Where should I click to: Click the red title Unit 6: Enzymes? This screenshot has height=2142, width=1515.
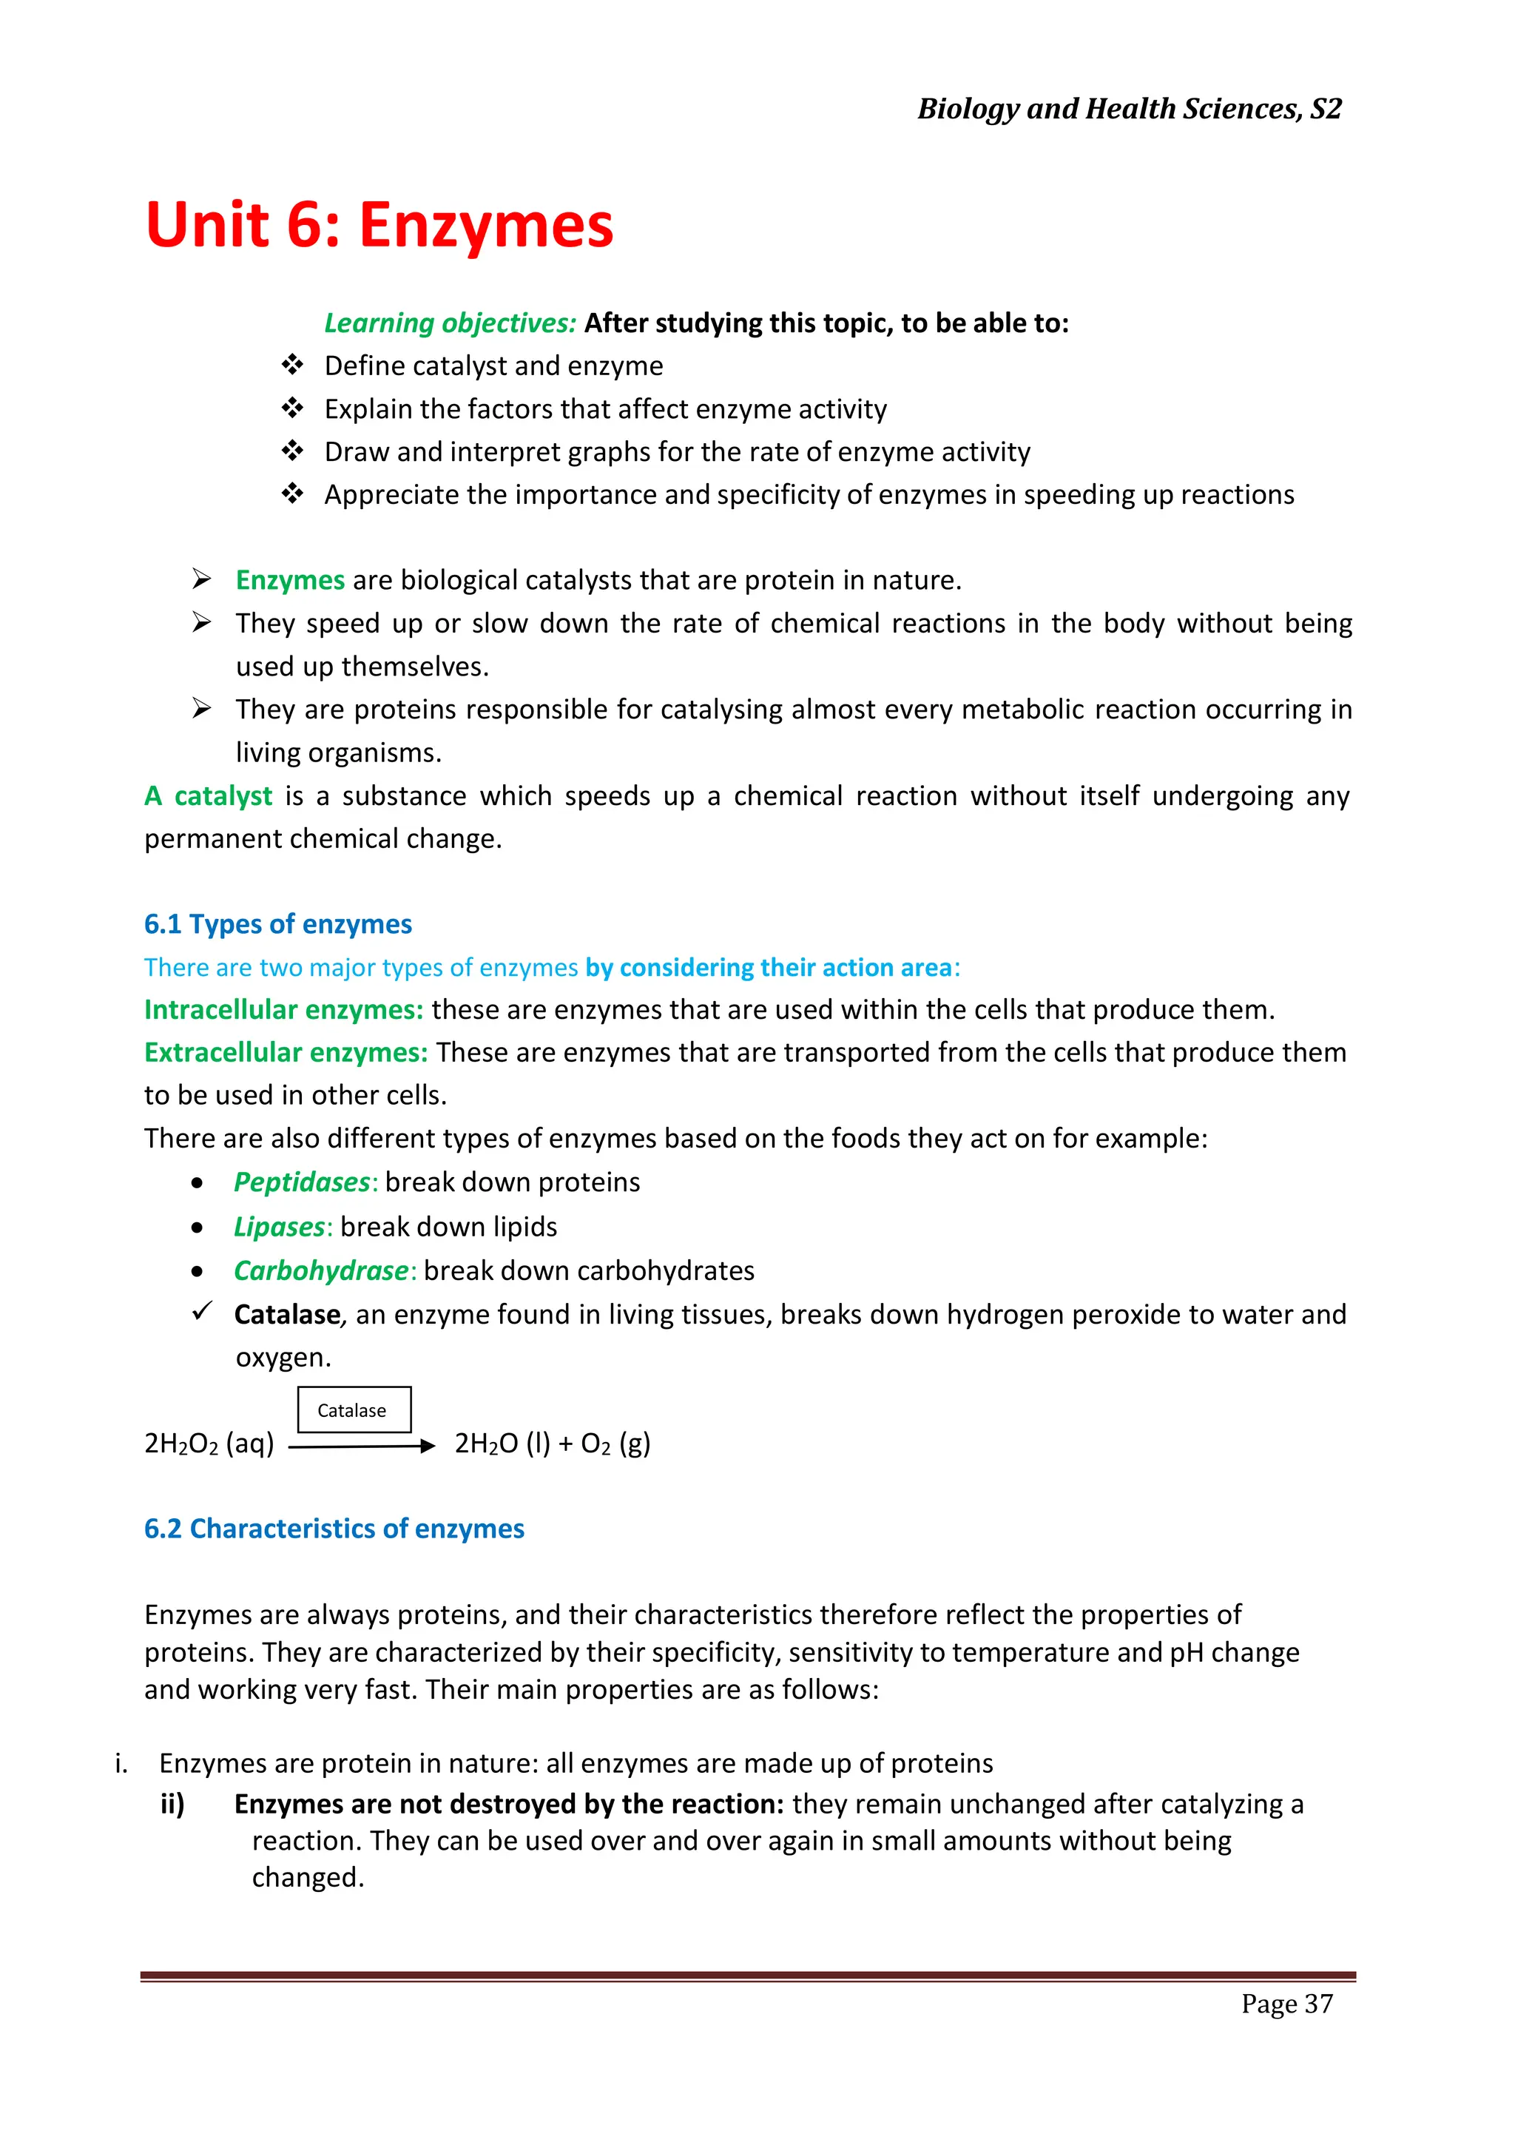click(379, 226)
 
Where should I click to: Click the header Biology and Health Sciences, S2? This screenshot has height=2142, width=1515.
click(1129, 110)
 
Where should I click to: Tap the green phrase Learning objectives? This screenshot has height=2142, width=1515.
click(450, 323)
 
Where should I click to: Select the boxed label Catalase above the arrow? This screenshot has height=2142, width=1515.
click(354, 1410)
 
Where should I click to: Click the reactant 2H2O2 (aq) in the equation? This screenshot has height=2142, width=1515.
click(209, 1444)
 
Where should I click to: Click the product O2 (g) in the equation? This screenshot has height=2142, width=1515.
click(615, 1444)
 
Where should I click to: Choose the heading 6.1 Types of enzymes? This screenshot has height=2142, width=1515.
click(277, 923)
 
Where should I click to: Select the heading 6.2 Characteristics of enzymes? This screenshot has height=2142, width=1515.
click(334, 1528)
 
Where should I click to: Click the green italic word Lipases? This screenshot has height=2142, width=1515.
click(279, 1227)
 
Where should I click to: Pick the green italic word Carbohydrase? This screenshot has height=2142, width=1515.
click(321, 1270)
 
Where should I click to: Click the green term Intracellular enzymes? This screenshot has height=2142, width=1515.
click(283, 1009)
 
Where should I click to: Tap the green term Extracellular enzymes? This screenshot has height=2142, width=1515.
click(286, 1052)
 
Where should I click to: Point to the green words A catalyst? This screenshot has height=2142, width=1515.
click(208, 796)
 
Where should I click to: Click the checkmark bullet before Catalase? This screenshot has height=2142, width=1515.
click(201, 1311)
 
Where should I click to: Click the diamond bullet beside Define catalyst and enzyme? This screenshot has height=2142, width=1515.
click(293, 365)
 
